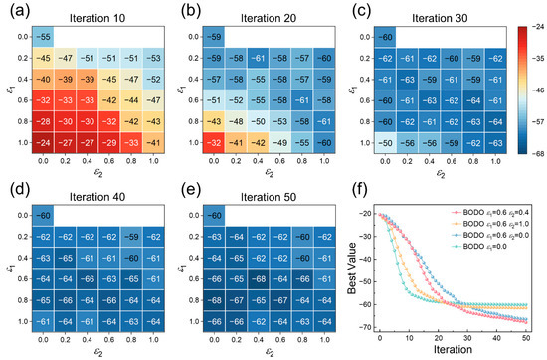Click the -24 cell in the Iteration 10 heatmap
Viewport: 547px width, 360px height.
pos(45,142)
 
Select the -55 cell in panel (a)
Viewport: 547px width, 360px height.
pos(45,36)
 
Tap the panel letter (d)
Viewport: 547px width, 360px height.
pos(13,192)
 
